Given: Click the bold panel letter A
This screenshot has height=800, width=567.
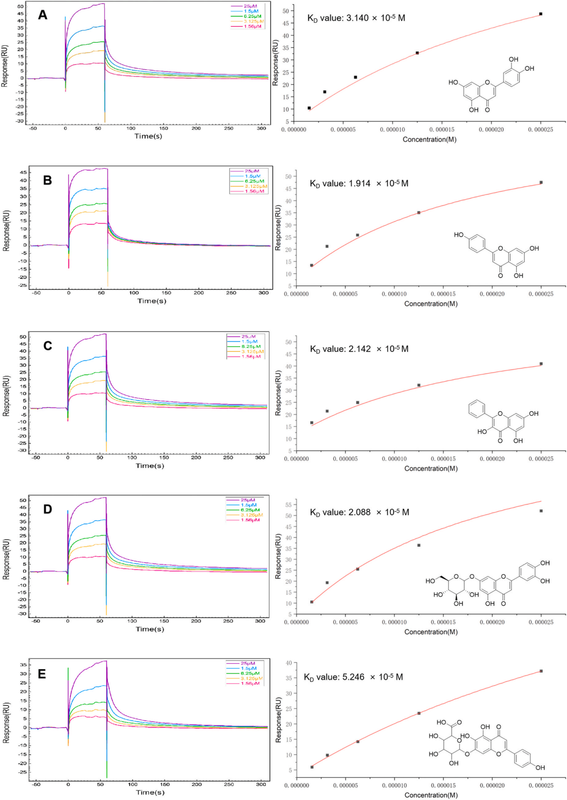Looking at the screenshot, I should [x=43, y=15].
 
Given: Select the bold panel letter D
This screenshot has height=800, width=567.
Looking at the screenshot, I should [x=47, y=509].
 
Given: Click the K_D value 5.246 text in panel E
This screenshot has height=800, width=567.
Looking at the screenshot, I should [x=353, y=677].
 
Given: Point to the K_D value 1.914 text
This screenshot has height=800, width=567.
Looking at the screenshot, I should [x=359, y=184].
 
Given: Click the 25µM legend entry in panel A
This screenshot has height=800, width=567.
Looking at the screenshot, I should [x=250, y=6].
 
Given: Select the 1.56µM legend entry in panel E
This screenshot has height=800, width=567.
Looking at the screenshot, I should [x=250, y=683].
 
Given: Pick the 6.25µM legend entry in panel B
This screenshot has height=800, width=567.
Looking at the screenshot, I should [x=254, y=181].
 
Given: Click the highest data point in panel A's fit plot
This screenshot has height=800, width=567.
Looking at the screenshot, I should [x=541, y=14].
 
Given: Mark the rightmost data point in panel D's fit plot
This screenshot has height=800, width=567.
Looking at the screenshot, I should [x=541, y=511].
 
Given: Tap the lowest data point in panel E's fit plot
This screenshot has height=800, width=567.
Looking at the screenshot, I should [x=312, y=767].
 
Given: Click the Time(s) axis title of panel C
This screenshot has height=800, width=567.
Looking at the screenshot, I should [x=150, y=466].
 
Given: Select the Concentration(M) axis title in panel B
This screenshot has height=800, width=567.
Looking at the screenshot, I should [x=431, y=304].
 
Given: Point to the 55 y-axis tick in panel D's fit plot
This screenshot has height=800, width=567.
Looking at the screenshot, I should [x=289, y=505].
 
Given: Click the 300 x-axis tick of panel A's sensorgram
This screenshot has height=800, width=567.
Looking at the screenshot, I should [x=261, y=128].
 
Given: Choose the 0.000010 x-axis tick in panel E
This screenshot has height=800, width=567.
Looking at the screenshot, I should [x=394, y=785].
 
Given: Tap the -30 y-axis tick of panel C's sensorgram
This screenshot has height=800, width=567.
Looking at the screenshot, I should [x=22, y=450].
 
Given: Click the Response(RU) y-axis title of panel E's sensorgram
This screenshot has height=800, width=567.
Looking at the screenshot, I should [x=6, y=723].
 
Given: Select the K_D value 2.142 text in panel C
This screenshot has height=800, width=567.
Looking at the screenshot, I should [x=359, y=349].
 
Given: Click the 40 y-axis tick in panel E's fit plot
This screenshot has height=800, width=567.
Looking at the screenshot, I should [x=289, y=663].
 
